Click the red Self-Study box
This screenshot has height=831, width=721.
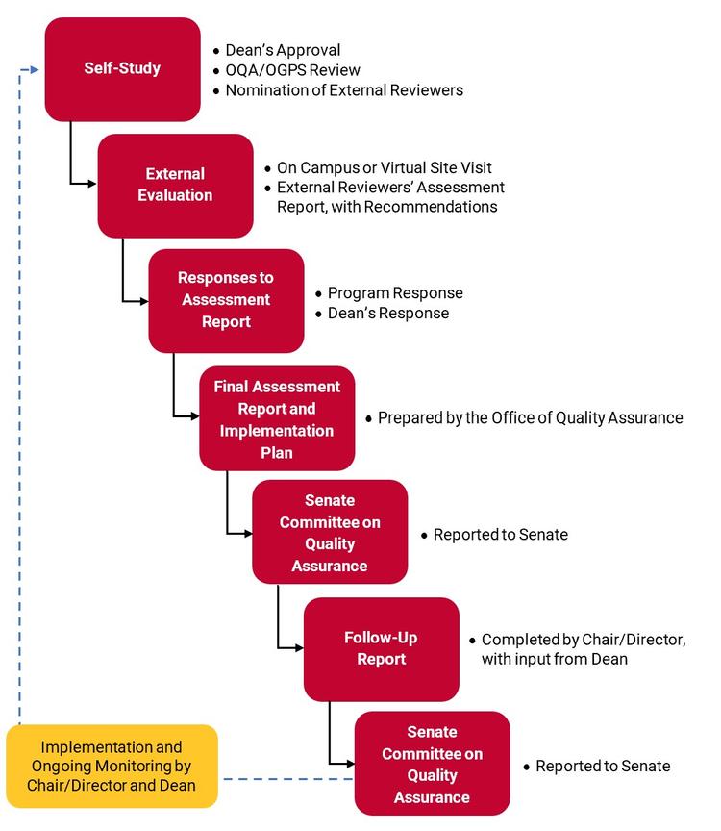tap(122, 69)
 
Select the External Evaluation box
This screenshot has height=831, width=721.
tap(175, 185)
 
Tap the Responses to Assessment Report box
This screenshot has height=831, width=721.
tap(225, 299)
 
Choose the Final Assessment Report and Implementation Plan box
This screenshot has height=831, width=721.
tap(277, 418)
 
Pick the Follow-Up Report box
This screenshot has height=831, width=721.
tap(381, 649)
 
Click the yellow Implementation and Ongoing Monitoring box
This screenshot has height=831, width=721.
tap(112, 766)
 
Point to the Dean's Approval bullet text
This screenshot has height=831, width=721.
tap(283, 50)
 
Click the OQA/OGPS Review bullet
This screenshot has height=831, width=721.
tap(292, 70)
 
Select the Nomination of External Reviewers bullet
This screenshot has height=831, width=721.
tap(344, 90)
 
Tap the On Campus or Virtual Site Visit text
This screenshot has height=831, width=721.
tap(384, 167)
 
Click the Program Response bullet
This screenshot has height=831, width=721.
tap(394, 292)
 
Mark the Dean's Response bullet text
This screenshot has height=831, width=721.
tap(387, 313)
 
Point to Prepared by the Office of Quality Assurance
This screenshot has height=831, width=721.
tap(530, 418)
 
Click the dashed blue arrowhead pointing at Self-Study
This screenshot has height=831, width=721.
tap(36, 69)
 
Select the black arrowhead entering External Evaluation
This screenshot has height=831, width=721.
tap(92, 183)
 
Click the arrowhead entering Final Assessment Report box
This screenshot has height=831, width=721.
tap(194, 415)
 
